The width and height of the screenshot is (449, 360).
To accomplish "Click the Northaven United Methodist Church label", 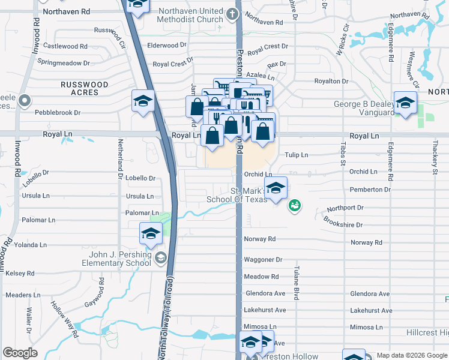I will [x=190, y=15].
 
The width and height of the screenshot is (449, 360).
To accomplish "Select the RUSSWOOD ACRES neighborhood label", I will [x=84, y=88].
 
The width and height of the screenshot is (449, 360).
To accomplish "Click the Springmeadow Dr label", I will [x=63, y=62].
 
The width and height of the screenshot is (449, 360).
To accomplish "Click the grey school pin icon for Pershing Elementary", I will [x=160, y=259].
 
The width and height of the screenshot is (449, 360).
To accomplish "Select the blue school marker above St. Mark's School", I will [x=276, y=188].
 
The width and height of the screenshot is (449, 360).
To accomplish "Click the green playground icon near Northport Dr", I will [x=294, y=206].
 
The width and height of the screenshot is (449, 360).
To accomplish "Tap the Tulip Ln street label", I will [x=296, y=155].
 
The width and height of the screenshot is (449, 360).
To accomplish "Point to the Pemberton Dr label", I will [x=370, y=190].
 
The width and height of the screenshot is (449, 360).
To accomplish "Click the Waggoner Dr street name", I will [x=262, y=260].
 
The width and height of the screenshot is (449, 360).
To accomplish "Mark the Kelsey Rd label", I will [x=20, y=274].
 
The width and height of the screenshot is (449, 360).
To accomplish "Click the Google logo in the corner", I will [x=20, y=353].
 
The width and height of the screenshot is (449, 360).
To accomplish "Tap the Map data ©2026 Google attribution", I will [x=411, y=355].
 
